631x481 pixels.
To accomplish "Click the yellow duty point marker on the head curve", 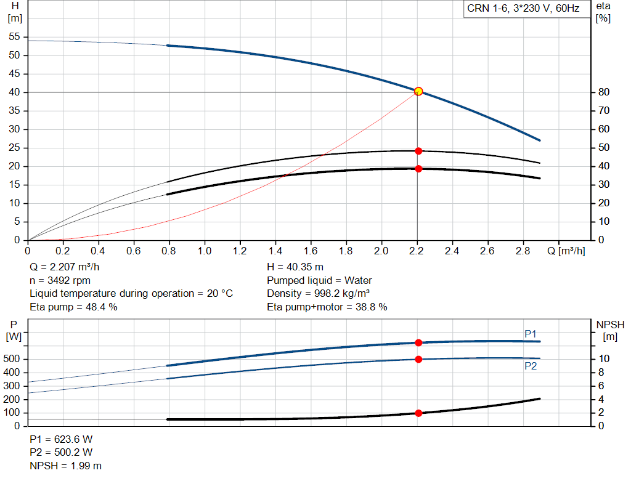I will click(418, 91).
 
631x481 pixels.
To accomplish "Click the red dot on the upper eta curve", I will click(418, 151).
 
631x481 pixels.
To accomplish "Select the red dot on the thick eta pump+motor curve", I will click(418, 169).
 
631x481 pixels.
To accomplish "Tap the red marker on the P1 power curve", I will click(418, 342).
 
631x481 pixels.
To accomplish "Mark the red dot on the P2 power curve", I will click(418, 359).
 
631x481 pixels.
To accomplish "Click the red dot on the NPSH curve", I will click(418, 413).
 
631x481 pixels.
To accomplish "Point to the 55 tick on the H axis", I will click(15, 37).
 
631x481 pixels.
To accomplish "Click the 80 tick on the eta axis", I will click(604, 92).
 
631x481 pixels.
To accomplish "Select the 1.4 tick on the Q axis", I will click(275, 251).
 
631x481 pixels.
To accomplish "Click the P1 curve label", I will click(531, 334).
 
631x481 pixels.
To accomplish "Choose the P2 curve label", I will click(531, 366).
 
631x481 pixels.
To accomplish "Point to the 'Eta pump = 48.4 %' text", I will click(73, 307).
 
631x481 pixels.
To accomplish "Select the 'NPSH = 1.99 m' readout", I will click(66, 466).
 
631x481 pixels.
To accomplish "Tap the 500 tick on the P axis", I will click(14, 359).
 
